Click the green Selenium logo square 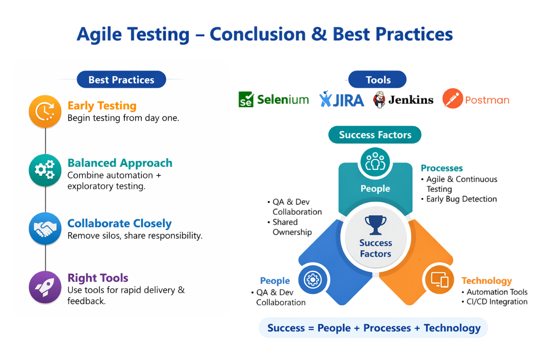tap(246, 100)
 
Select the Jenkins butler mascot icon tap(379, 100)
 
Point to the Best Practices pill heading tap(121, 80)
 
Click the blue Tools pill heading tap(378, 80)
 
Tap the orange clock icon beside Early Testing tap(45, 111)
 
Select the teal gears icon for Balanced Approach tap(45, 170)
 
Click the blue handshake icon tap(45, 229)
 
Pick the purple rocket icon tap(45, 287)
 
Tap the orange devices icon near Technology tap(439, 279)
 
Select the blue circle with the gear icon tap(313, 279)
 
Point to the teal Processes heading tap(442, 168)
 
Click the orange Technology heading tap(486, 281)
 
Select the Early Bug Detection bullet tap(462, 199)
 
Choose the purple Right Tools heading tap(98, 278)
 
